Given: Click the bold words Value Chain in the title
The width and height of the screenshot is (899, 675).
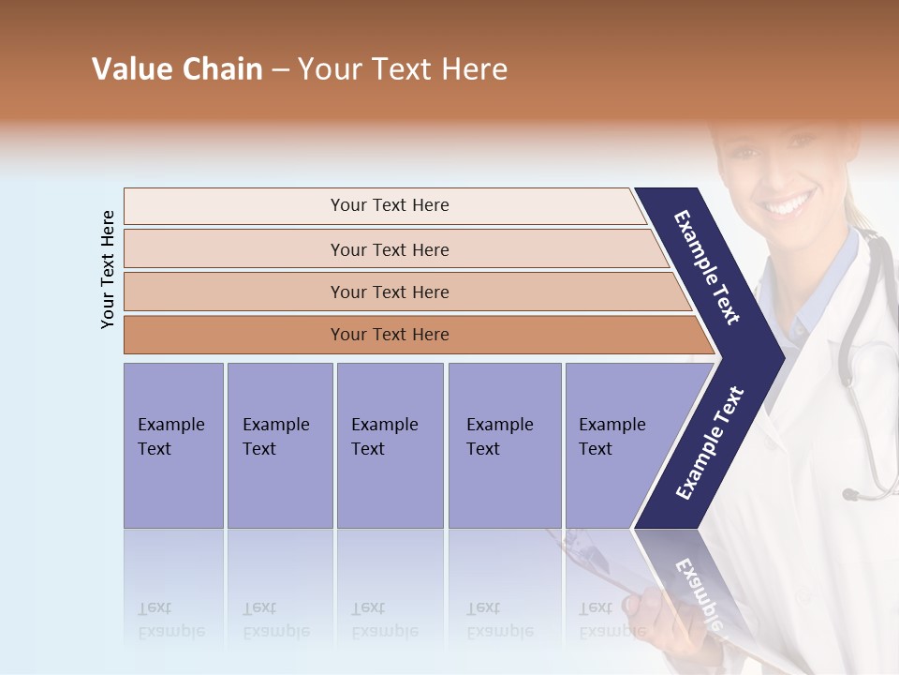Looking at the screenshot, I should (177, 69).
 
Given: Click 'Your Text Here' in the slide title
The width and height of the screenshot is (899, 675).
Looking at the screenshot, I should (403, 69).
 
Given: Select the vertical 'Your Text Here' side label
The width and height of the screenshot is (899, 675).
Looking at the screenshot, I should (108, 269).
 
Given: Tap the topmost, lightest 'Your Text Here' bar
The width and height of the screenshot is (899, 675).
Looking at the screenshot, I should (389, 205).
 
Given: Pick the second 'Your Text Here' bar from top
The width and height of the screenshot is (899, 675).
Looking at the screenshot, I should (389, 249).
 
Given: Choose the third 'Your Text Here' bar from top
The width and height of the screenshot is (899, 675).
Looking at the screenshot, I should (389, 292).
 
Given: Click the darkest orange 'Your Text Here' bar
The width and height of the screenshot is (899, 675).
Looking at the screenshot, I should (389, 335).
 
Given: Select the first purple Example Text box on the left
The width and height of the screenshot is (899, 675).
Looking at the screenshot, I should (173, 445).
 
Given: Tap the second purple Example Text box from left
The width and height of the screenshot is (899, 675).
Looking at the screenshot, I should (279, 445).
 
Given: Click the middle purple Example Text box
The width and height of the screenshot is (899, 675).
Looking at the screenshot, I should (390, 445).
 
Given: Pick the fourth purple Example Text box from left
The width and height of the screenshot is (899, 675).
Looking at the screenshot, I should (504, 445).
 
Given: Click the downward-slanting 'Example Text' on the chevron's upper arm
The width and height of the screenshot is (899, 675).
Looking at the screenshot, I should (707, 267).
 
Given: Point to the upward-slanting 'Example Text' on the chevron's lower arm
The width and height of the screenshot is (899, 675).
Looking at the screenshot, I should (709, 443).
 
